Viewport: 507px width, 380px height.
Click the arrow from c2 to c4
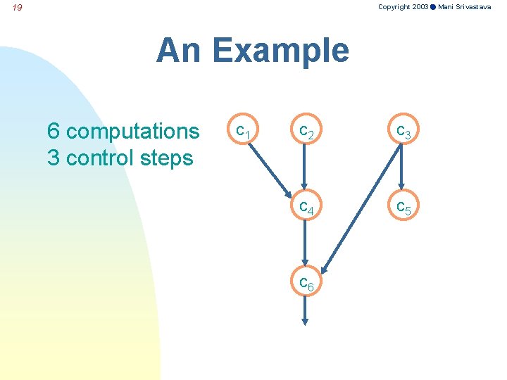pos(305,169)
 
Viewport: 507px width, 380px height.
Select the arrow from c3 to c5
pos(402,169)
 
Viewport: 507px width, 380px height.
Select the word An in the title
pos(179,51)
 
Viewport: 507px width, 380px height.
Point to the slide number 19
pos(18,8)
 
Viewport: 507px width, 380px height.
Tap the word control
pos(99,158)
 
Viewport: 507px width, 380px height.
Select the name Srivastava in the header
pos(474,6)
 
